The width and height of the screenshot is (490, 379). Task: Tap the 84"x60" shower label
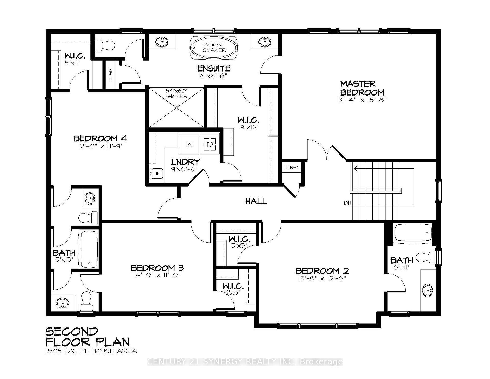(x=176, y=93)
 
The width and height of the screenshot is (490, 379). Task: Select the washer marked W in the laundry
(x=189, y=145)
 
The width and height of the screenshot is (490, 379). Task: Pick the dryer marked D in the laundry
(x=210, y=145)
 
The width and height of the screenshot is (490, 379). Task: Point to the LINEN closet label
(x=292, y=168)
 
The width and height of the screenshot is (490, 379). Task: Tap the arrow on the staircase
(x=356, y=168)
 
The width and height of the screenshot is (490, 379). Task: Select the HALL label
(x=256, y=202)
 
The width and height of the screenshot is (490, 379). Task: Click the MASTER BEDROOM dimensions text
(x=362, y=100)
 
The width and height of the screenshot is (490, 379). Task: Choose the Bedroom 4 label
(x=100, y=139)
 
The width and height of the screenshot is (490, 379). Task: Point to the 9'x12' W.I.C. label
(x=249, y=123)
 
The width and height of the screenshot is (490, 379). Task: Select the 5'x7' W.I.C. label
(x=75, y=58)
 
